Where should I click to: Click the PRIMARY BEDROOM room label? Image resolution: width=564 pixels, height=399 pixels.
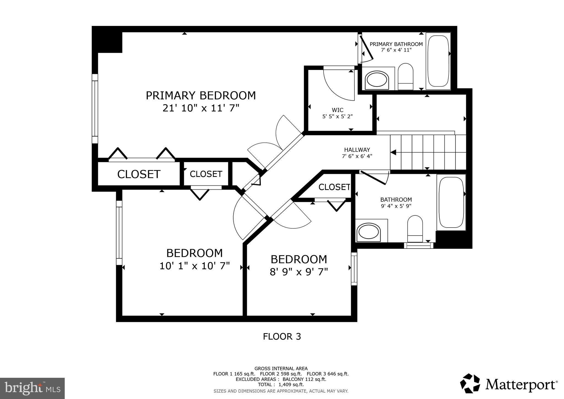[201, 96]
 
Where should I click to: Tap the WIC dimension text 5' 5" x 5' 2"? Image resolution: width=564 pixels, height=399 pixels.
[337, 117]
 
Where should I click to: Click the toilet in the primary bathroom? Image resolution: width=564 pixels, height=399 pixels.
[406, 77]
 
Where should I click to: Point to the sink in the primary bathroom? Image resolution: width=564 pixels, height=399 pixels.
[376, 80]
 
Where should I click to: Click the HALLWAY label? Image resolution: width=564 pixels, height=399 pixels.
[357, 150]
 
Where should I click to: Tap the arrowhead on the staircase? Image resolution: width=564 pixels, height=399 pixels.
[393, 152]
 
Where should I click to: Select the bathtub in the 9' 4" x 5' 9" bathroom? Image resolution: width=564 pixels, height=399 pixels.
[451, 202]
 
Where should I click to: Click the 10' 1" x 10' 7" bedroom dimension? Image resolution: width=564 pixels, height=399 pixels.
[194, 266]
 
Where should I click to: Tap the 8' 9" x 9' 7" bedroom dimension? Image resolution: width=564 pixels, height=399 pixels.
[299, 272]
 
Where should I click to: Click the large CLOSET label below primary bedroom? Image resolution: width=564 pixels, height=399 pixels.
[139, 174]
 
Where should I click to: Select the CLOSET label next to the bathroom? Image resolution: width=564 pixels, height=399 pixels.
[334, 187]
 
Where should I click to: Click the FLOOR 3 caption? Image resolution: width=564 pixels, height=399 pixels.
[282, 336]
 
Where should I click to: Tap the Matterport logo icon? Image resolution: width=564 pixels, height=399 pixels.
[470, 383]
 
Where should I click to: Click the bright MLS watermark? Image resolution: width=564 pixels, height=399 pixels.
[32, 388]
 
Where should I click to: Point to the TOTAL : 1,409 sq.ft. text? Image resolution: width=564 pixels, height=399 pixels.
[281, 384]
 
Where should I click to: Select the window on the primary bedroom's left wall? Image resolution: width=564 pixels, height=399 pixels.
[95, 109]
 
